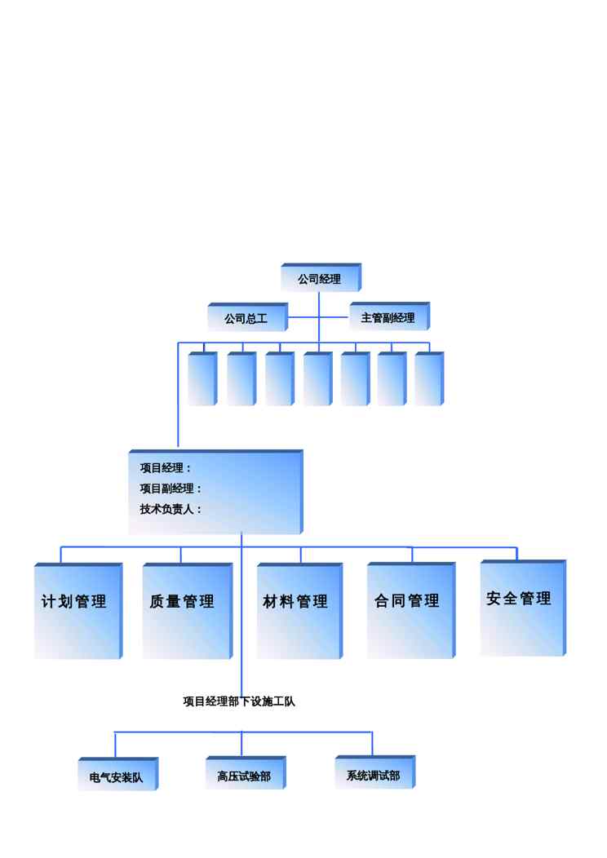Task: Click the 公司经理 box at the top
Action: pyautogui.click(x=321, y=277)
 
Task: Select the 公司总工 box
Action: pyautogui.click(x=247, y=316)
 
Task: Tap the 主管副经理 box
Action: pyautogui.click(x=389, y=316)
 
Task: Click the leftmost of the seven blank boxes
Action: pyautogui.click(x=202, y=378)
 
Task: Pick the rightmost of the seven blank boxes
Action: pyautogui.click(x=429, y=378)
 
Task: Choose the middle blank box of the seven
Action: pyautogui.click(x=318, y=378)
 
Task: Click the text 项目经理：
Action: pyautogui.click(x=166, y=468)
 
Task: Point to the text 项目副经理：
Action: pyautogui.click(x=171, y=488)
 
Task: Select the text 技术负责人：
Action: pyautogui.click(x=171, y=509)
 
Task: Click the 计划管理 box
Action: pyautogui.click(x=78, y=611)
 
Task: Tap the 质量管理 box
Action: pyautogui.click(x=188, y=611)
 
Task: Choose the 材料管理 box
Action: pyautogui.click(x=300, y=611)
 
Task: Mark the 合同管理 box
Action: pyautogui.click(x=411, y=610)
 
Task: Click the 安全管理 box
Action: pyautogui.click(x=523, y=608)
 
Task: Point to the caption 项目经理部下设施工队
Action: pyautogui.click(x=239, y=701)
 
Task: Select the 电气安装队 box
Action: pyautogui.click(x=118, y=774)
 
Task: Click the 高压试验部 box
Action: pyautogui.click(x=246, y=772)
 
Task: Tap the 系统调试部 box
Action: pyautogui.click(x=375, y=772)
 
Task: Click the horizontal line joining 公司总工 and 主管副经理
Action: pyautogui.click(x=319, y=316)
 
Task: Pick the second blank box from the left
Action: pyautogui.click(x=241, y=378)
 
